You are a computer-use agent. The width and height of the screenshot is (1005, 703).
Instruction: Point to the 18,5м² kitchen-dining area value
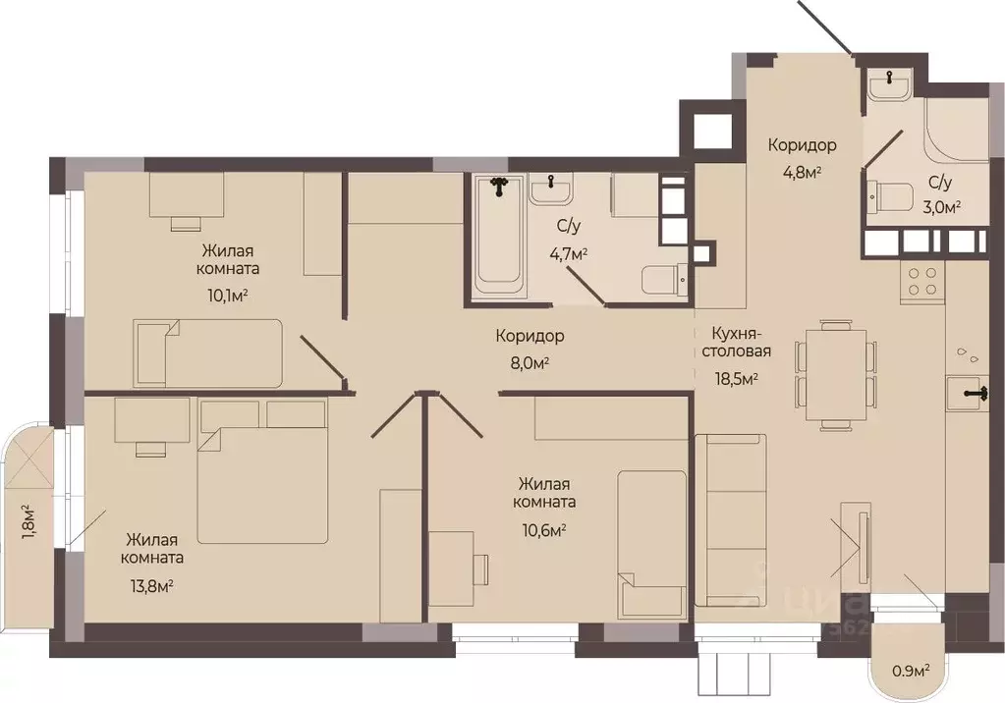(x=737, y=377)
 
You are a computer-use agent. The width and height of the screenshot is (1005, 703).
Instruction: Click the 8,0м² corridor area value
(x=530, y=363)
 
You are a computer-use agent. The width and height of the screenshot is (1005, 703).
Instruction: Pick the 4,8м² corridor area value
(x=802, y=173)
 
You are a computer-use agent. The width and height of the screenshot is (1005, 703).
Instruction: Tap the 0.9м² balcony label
(x=912, y=671)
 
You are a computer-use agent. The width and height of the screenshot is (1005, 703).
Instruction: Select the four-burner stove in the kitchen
(x=922, y=282)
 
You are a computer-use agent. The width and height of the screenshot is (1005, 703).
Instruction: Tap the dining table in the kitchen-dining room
(x=836, y=374)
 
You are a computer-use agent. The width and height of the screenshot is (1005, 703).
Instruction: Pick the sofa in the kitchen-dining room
(x=730, y=520)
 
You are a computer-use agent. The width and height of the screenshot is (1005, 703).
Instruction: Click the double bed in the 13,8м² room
(x=262, y=471)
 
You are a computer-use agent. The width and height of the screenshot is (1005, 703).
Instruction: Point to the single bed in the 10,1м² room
(x=207, y=353)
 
